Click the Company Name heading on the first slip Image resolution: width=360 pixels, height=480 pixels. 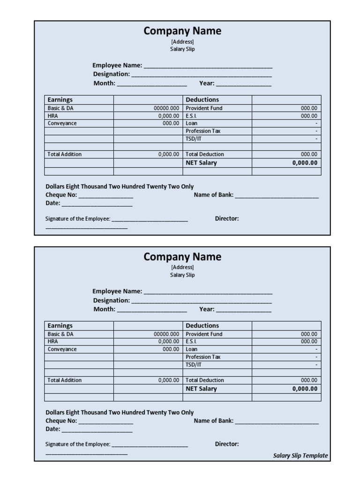(x=182, y=31)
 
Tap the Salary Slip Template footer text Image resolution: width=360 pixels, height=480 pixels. (x=300, y=456)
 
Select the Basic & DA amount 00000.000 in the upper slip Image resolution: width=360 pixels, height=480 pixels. (x=166, y=108)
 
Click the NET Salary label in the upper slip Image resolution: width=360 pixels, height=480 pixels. (x=201, y=163)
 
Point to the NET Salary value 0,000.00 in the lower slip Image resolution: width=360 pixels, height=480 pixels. (x=305, y=389)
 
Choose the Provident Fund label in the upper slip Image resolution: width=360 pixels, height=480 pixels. (x=204, y=108)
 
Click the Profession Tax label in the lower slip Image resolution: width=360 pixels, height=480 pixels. (x=202, y=357)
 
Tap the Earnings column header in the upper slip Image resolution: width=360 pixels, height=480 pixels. (x=60, y=100)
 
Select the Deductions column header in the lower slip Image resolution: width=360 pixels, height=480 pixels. (x=202, y=326)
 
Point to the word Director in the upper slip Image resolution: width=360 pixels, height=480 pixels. (x=227, y=218)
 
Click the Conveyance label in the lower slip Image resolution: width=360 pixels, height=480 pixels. (x=62, y=349)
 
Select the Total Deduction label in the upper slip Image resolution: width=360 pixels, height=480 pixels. (x=204, y=154)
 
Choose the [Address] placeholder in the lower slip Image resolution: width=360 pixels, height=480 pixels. (x=182, y=267)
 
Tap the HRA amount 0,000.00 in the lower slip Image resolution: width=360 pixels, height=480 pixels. (x=168, y=342)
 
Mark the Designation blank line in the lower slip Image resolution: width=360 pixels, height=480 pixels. (x=201, y=301)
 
